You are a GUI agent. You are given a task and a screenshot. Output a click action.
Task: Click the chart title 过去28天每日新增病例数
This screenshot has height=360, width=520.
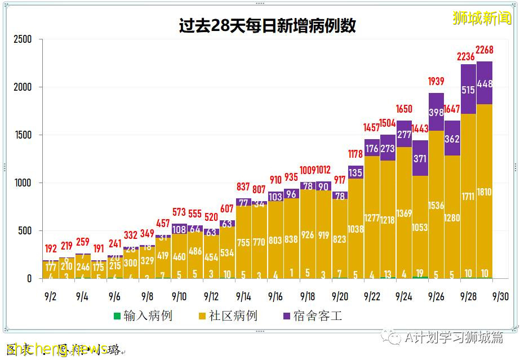(267, 26)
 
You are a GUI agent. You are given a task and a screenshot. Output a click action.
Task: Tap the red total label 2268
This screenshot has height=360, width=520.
(485, 51)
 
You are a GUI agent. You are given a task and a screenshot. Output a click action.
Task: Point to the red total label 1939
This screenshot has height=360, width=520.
(436, 82)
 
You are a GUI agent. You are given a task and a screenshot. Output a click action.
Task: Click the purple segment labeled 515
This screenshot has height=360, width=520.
(468, 90)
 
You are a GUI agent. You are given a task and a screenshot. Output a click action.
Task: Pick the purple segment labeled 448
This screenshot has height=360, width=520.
(485, 83)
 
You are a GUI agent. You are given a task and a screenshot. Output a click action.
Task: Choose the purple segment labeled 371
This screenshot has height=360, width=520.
(420, 158)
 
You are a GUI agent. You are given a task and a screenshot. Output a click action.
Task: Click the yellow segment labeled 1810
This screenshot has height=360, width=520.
(485, 192)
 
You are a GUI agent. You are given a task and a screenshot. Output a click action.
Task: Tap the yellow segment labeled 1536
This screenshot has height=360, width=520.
(436, 206)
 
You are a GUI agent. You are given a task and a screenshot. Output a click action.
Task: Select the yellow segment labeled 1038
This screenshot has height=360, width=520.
(355, 229)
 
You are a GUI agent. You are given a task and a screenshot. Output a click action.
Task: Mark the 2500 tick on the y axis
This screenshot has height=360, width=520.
(23, 39)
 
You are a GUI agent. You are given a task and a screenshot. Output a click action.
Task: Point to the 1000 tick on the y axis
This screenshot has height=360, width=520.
(23, 183)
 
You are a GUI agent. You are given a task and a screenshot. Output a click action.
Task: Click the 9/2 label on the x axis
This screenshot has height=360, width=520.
(50, 296)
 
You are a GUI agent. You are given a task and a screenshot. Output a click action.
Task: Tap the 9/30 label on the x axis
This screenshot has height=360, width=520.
(500, 296)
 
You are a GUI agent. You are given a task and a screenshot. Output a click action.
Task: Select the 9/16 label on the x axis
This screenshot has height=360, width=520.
(275, 296)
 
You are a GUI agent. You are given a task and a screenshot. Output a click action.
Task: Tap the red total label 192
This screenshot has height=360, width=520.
(51, 248)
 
